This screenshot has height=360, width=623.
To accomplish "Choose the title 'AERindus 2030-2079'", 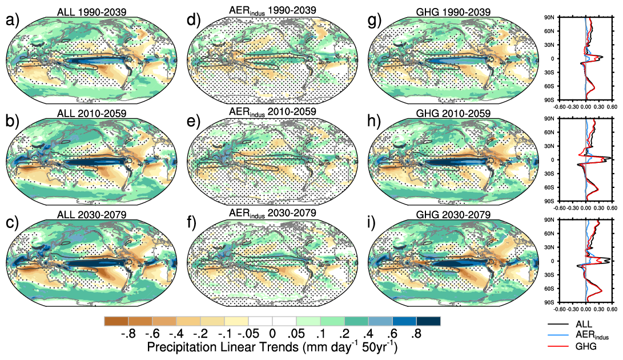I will coord(271,214).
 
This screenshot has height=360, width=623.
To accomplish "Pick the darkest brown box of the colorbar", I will coord(116,321).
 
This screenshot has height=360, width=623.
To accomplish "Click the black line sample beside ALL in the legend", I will coord(557,324).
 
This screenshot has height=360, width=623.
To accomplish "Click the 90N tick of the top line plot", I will coord(549,18).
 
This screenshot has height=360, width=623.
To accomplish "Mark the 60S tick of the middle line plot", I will coord(549,187).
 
